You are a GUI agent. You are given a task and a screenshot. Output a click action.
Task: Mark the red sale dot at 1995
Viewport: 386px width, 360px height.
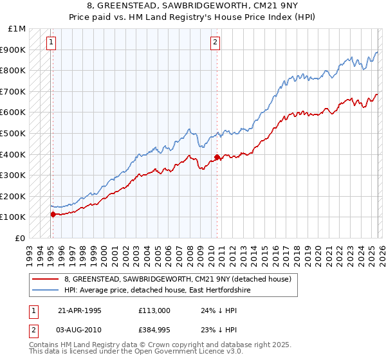[x=53, y=214]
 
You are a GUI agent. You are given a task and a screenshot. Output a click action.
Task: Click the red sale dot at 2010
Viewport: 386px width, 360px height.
[x=217, y=157]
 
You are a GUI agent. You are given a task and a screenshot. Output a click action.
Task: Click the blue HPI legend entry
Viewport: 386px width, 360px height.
[x=157, y=291]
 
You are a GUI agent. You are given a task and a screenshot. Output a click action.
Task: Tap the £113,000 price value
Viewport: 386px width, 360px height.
[x=154, y=310]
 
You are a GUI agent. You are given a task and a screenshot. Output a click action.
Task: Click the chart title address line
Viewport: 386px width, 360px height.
[x=193, y=6]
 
